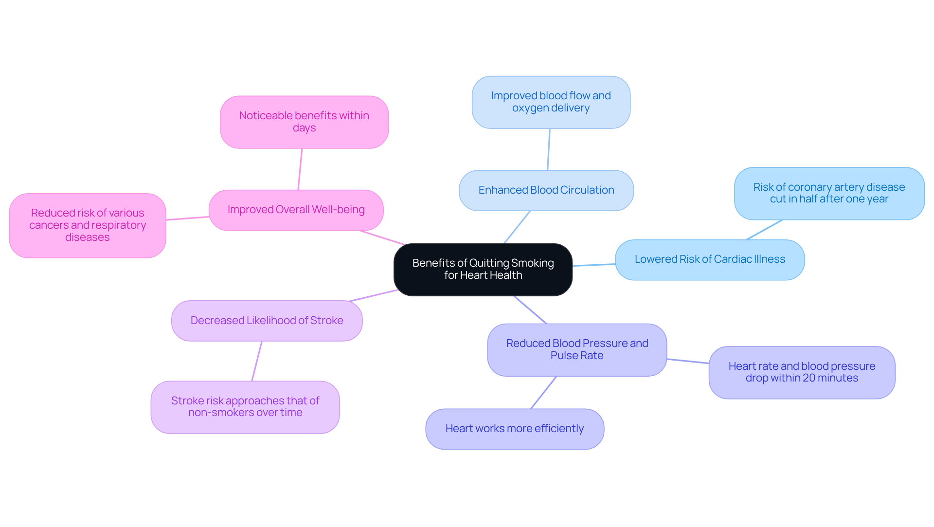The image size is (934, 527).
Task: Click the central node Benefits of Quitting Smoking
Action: coord(483,269)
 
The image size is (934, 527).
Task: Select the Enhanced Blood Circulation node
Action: coord(546,190)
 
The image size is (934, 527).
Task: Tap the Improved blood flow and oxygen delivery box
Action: coord(551,102)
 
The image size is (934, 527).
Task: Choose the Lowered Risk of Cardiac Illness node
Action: coord(709,259)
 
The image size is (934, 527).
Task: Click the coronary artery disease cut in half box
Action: coord(829,193)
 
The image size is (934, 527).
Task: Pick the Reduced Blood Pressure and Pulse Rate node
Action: coord(577,349)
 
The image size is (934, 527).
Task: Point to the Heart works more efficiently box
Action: coord(514,429)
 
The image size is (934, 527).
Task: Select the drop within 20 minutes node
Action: coord(802,372)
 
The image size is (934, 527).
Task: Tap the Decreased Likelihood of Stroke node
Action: coord(267,321)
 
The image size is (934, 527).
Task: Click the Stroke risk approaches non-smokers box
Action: coord(245,407)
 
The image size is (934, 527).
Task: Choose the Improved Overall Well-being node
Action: coord(296,210)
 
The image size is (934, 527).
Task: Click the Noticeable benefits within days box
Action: coord(304,122)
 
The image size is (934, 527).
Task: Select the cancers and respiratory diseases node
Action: coord(88,225)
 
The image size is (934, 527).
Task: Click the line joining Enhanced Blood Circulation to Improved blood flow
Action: coord(549,149)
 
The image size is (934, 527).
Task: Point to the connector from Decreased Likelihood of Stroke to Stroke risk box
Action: coord(257,361)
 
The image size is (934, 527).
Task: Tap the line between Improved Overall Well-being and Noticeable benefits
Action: coord(300,169)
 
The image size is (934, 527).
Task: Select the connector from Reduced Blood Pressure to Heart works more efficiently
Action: coord(544,392)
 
